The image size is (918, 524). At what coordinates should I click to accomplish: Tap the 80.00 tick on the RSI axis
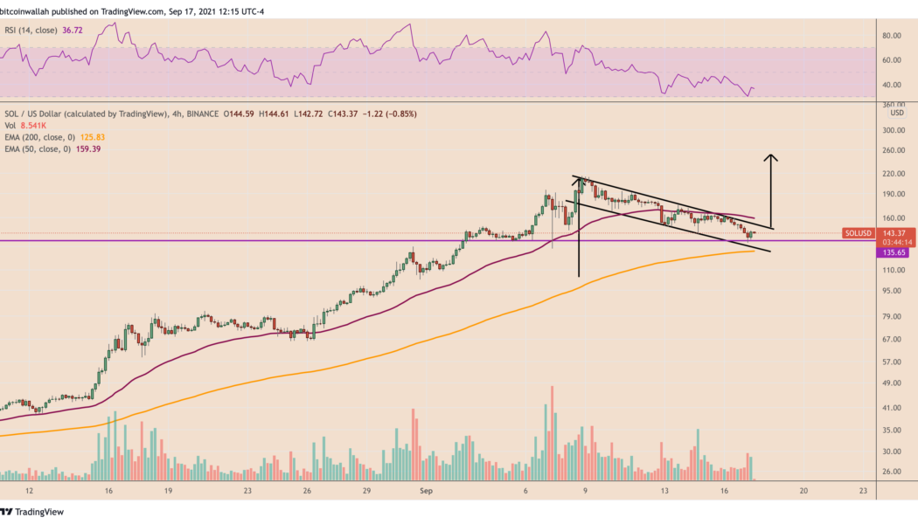click(891, 36)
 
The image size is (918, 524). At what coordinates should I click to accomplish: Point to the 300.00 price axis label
click(893, 131)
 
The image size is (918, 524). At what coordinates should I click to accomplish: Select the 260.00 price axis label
click(893, 151)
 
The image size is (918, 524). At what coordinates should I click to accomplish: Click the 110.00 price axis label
click(893, 271)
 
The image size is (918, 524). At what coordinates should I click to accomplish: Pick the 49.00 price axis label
click(891, 383)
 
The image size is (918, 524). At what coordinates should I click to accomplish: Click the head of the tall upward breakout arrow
click(770, 157)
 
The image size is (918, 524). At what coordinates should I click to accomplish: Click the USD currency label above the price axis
click(896, 113)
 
